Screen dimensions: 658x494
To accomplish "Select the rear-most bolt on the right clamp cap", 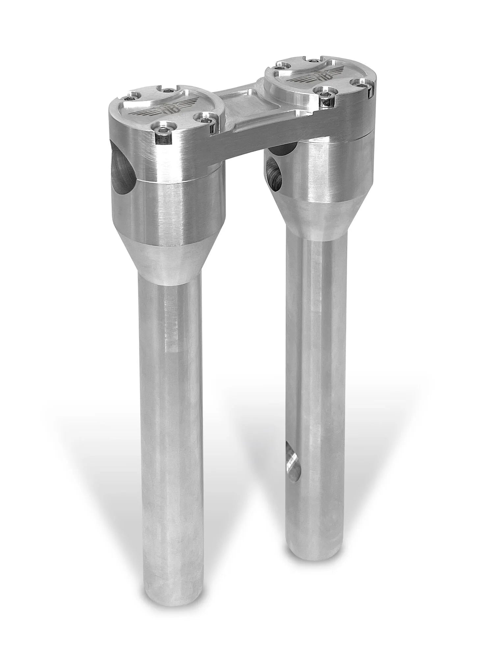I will click(x=310, y=61).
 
